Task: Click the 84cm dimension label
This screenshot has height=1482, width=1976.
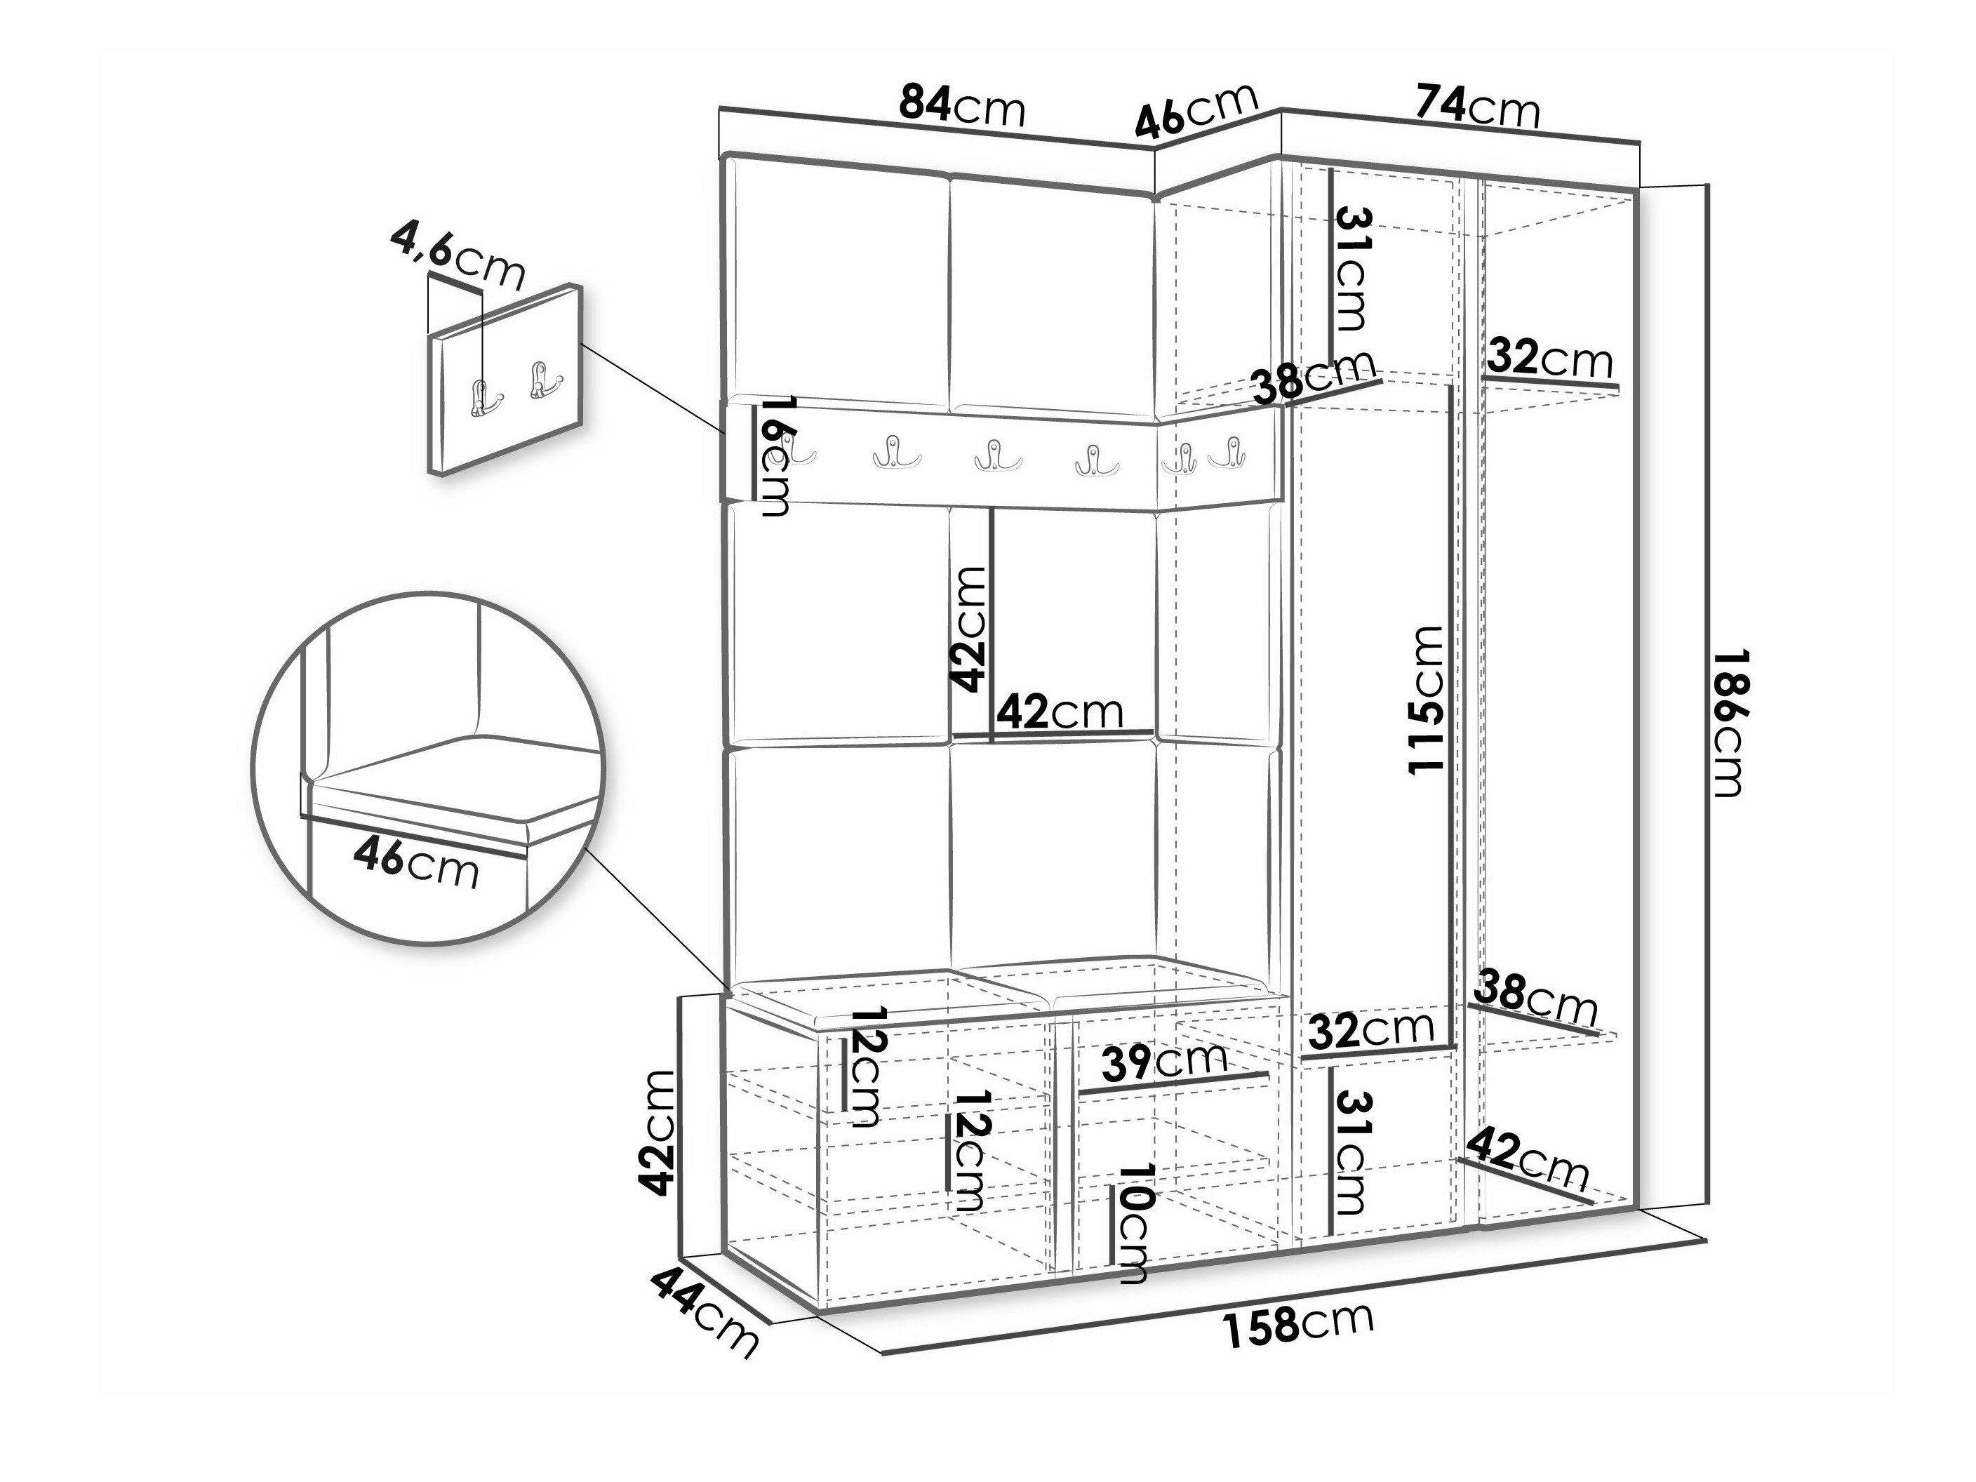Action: click(962, 106)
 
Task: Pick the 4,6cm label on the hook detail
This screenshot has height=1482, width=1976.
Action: click(458, 258)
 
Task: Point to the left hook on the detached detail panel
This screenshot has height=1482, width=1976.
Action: click(484, 398)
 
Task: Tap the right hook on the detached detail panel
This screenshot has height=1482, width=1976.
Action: click(543, 380)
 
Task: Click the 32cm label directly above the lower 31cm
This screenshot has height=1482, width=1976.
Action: click(1371, 1031)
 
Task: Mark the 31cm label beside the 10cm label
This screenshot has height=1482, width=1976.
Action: click(1350, 1152)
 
